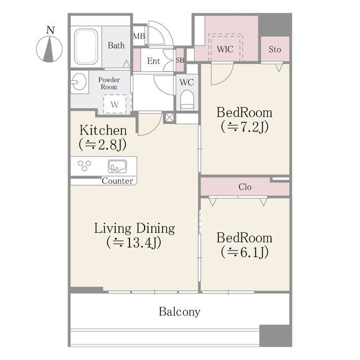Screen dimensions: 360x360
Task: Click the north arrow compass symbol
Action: coord(49,49)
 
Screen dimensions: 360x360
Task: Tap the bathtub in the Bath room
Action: coord(86,47)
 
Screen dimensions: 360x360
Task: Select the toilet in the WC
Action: coord(187,100)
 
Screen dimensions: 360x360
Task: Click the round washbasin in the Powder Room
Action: coord(79,82)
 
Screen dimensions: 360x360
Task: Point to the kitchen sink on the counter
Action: coord(118,166)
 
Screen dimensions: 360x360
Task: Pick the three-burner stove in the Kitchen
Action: coord(84,165)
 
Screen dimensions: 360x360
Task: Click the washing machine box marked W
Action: coord(115,104)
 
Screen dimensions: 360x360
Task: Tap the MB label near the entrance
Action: coord(139,36)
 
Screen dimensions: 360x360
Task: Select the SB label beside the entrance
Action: coord(180,60)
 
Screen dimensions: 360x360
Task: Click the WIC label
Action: coord(225,49)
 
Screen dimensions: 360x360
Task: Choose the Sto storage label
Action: coord(275,49)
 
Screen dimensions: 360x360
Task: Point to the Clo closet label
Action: coord(245,187)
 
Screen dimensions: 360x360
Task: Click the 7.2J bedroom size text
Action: coord(245,127)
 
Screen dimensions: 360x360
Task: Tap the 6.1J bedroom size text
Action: coord(245,252)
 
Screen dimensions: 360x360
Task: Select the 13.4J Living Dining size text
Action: coord(134,242)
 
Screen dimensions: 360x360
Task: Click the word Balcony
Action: coord(179,312)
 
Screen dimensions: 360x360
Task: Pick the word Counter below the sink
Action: coord(118,181)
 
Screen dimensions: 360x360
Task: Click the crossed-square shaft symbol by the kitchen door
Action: coord(169,118)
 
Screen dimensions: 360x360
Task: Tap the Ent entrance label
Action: coord(154,61)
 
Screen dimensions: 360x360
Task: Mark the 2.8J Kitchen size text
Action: coord(102,145)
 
